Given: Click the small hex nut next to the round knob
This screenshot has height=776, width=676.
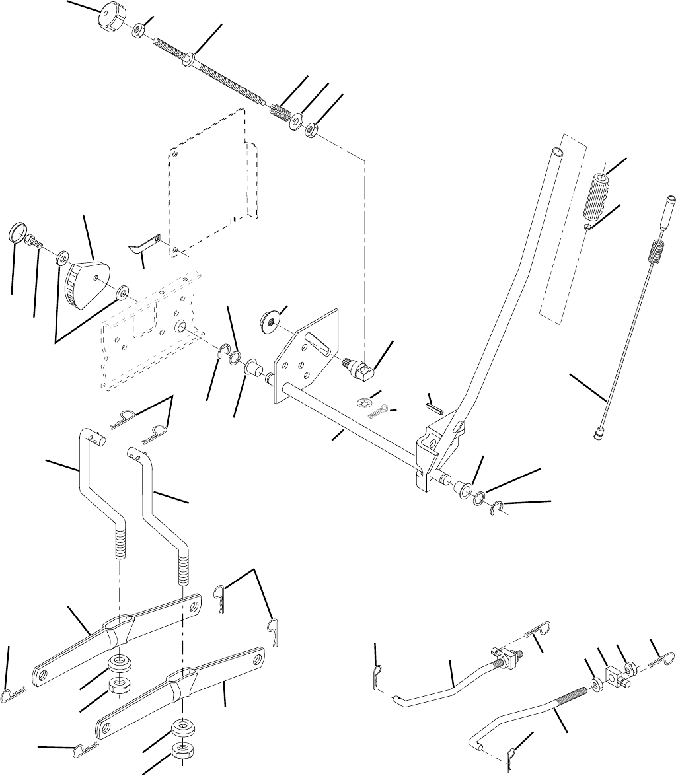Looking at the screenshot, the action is pos(140,30).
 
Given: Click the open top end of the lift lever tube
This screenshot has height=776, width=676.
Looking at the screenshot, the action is pos(558,151).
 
